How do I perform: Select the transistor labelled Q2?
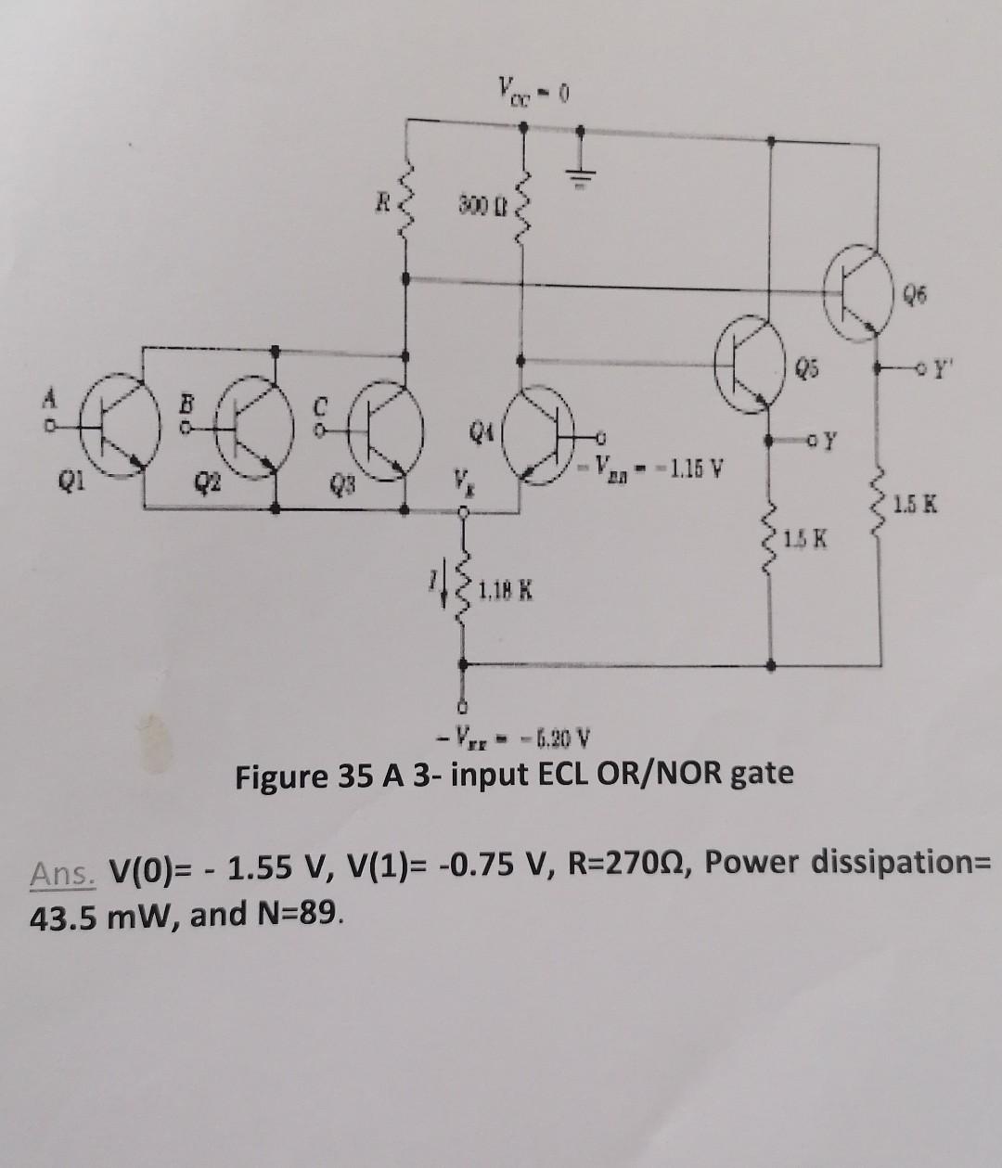pyautogui.click(x=249, y=429)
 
